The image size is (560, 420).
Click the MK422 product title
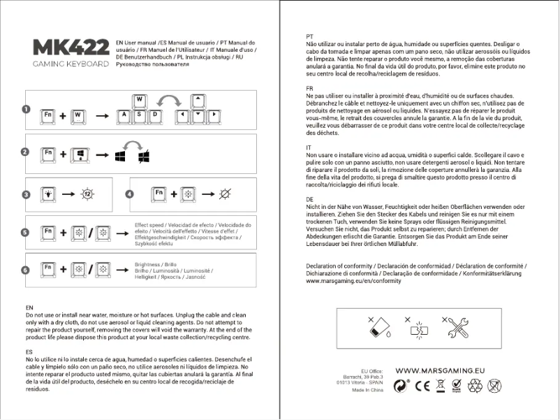tap(71, 48)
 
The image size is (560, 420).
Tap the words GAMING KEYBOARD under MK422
tap(71, 64)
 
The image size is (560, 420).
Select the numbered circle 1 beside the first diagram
tap(26, 110)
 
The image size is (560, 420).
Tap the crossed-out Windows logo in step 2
tap(143, 155)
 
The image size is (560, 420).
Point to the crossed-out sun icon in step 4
tap(226, 194)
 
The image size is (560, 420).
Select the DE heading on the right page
tap(310, 199)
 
